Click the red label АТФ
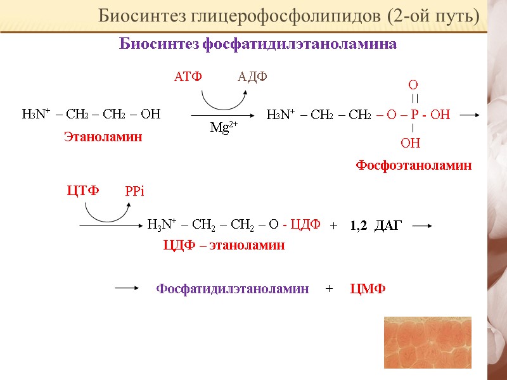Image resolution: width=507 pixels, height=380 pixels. coord(188,77)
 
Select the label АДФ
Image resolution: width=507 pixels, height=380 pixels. coord(252,77)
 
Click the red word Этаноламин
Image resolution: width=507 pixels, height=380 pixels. coord(103,136)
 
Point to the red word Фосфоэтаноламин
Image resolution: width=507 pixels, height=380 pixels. coord(413,165)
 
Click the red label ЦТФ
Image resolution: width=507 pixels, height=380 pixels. coord(83,190)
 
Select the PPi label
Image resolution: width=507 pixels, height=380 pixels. coord(135,191)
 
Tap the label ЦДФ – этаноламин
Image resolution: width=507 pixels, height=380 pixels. coord(224,245)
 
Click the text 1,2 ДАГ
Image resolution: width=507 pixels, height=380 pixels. coord(376,225)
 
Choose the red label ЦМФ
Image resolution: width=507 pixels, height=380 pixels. coord(368,289)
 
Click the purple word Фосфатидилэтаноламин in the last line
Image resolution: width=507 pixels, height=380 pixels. coord(233,289)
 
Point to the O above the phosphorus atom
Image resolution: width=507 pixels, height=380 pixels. coord(413,84)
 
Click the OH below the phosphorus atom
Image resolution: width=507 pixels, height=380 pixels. coord(411,143)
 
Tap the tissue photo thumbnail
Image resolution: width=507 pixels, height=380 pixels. coord(428,342)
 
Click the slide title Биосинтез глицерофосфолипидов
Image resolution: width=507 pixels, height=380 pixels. coord(289,16)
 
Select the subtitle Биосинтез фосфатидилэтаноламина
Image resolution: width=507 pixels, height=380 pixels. coord(258,44)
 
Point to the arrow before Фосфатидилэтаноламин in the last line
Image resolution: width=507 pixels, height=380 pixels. coord(127,288)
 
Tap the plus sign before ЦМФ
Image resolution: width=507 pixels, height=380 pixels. coord(328,289)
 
